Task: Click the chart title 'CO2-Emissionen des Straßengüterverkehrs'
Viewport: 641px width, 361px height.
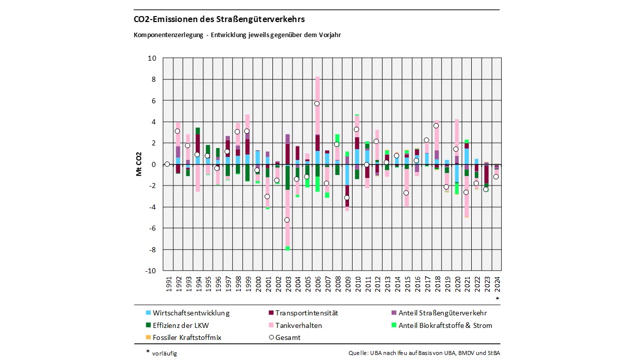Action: (219, 20)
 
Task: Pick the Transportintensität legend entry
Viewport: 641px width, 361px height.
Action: (306, 313)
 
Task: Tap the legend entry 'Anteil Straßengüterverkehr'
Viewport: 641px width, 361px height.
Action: (442, 313)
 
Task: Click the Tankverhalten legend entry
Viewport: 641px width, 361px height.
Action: (298, 325)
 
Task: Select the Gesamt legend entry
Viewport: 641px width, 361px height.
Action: (288, 337)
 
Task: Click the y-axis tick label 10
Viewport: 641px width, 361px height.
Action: (152, 58)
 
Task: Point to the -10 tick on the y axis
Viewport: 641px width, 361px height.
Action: (150, 271)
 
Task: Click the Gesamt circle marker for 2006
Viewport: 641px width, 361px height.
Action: (316, 104)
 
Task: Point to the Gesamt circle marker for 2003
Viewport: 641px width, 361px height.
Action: (287, 220)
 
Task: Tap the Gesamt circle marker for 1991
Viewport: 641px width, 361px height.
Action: (167, 164)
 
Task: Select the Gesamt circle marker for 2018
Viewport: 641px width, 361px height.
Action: (436, 126)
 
